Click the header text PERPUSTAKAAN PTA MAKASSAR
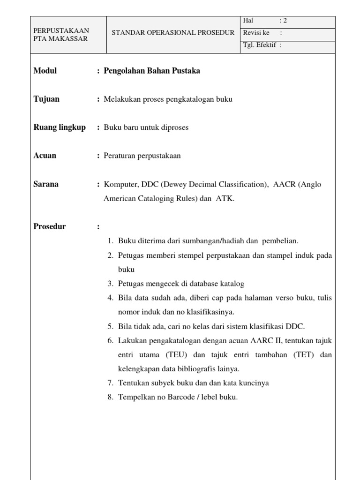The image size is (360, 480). point(61,35)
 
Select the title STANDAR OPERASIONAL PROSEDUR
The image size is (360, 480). point(173,32)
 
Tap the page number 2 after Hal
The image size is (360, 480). point(285,20)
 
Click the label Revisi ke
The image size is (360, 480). point(256,33)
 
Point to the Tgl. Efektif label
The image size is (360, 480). point(260,45)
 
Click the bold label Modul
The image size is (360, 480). point(45,71)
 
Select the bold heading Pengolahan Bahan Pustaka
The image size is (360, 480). point(152,71)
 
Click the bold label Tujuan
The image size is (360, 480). point(46,99)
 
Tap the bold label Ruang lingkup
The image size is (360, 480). point(60,127)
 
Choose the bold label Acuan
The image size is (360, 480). point(45,156)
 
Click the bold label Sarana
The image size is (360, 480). point(46,184)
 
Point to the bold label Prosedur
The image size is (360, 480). point(50,226)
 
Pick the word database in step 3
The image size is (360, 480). point(197,284)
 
